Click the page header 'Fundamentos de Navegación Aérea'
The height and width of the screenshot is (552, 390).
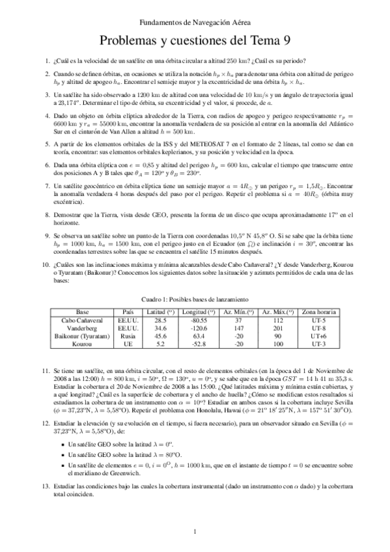tap(195, 22)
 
